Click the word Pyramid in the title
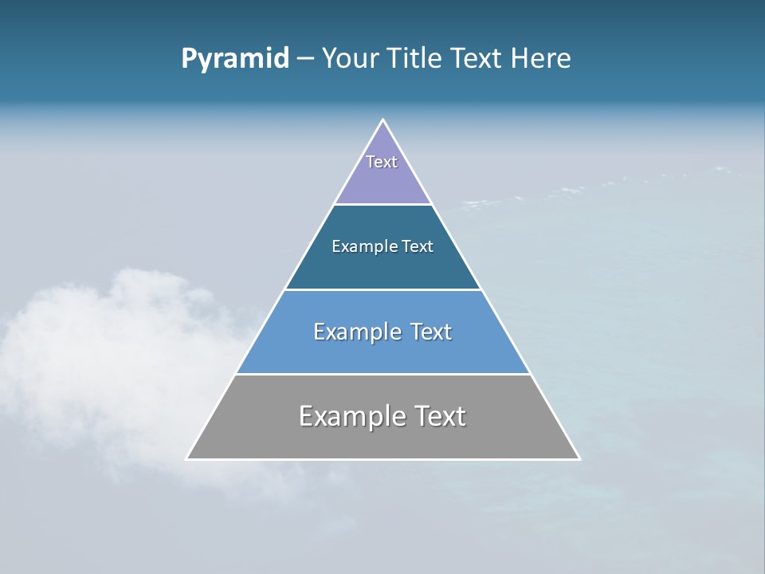[235, 59]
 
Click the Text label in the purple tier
[382, 162]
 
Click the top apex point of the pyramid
[383, 120]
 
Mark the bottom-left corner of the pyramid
[187, 458]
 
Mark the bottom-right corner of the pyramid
[579, 458]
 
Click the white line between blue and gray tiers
[383, 374]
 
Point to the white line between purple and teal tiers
[383, 205]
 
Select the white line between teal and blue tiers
[383, 289]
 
